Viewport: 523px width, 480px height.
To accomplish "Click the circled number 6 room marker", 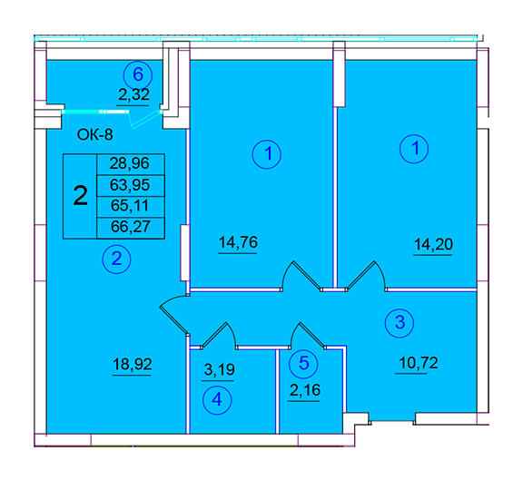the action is [138, 75].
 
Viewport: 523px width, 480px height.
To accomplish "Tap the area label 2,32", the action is [133, 94].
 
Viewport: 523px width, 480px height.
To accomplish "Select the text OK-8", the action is [95, 135].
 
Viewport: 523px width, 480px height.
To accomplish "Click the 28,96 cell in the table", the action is [131, 164].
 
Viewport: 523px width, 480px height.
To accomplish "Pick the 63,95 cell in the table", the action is [131, 185].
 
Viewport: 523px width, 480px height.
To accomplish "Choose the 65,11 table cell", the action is [131, 207].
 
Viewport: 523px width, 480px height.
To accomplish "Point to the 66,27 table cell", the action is [131, 228].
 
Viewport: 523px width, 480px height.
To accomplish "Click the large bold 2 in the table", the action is [81, 196].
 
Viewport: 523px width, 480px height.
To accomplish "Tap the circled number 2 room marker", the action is [116, 259].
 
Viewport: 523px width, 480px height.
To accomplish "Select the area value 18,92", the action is [133, 364].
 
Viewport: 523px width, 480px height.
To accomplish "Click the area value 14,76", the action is [238, 242].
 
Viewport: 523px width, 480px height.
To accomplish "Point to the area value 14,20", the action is [433, 244].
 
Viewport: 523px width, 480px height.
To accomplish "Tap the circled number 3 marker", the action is [400, 323].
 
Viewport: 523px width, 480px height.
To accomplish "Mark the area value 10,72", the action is [419, 363].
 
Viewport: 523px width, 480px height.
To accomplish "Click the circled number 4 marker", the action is [217, 399].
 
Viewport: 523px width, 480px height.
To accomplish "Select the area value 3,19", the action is [219, 369].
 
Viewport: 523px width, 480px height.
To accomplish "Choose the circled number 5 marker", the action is [303, 363].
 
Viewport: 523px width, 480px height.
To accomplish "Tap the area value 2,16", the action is [305, 390].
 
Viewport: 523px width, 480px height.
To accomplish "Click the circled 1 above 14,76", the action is [267, 154].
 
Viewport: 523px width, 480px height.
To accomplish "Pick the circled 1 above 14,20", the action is [414, 149].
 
